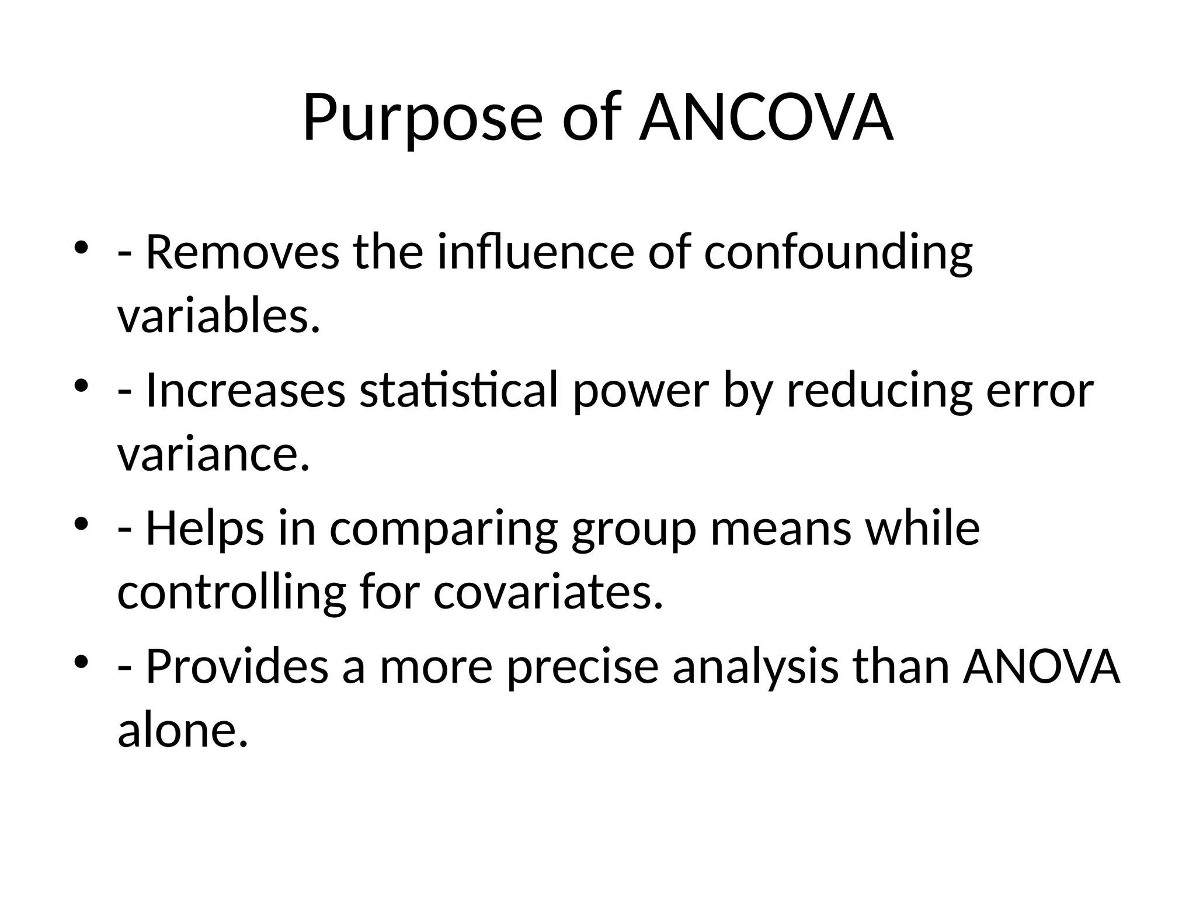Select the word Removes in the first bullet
coord(242,253)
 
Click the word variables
coord(219,317)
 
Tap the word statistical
coord(459,391)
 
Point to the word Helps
coord(205,529)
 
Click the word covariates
coord(548,592)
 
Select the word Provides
coord(237,666)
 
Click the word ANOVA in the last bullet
coord(1042,666)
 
